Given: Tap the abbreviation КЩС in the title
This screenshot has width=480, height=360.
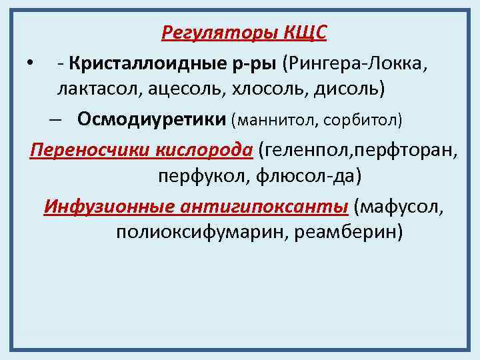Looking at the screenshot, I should click(x=305, y=32).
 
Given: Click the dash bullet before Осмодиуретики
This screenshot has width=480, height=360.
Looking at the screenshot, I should click(x=55, y=120).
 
